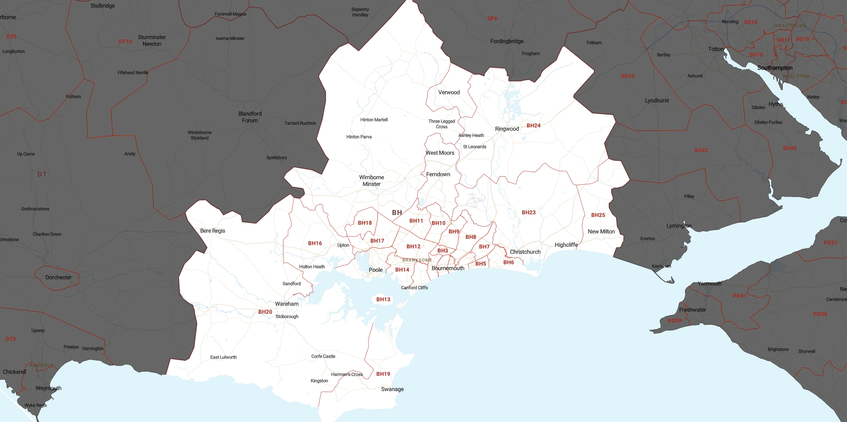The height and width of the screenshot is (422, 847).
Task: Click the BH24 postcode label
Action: pyautogui.click(x=533, y=125)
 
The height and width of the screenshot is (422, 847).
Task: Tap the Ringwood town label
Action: pyautogui.click(x=507, y=129)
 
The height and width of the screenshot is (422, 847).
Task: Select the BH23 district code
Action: pyautogui.click(x=529, y=212)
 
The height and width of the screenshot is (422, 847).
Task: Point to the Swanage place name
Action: pyautogui.click(x=392, y=389)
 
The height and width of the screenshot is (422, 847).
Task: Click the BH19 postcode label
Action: pyautogui.click(x=383, y=374)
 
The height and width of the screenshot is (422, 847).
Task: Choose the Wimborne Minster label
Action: pyautogui.click(x=372, y=181)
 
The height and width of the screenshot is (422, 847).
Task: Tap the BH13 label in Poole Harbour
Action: pyautogui.click(x=383, y=299)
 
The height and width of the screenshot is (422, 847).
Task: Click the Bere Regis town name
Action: pyautogui.click(x=212, y=231)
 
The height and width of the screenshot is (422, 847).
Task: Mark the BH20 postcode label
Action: pyautogui.click(x=265, y=312)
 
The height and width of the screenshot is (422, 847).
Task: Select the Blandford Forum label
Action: pyautogui.click(x=250, y=117)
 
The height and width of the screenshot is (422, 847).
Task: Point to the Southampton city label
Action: pyautogui.click(x=775, y=68)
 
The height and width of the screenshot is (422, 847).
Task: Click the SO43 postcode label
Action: pyautogui.click(x=627, y=76)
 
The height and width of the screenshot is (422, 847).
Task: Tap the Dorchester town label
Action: pyautogui.click(x=58, y=277)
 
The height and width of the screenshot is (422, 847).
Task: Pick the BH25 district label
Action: pyautogui.click(x=598, y=215)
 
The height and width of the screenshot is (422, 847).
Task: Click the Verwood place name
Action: pyautogui.click(x=449, y=92)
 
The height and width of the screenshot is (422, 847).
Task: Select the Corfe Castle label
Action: pyautogui.click(x=323, y=356)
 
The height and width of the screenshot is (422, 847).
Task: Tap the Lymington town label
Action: pyautogui.click(x=679, y=226)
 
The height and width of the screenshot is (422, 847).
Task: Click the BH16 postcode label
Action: pyautogui.click(x=315, y=243)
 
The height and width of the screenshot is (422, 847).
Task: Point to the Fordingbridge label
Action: pyautogui.click(x=507, y=41)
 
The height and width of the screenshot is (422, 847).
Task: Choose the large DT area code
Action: pyautogui.click(x=42, y=174)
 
